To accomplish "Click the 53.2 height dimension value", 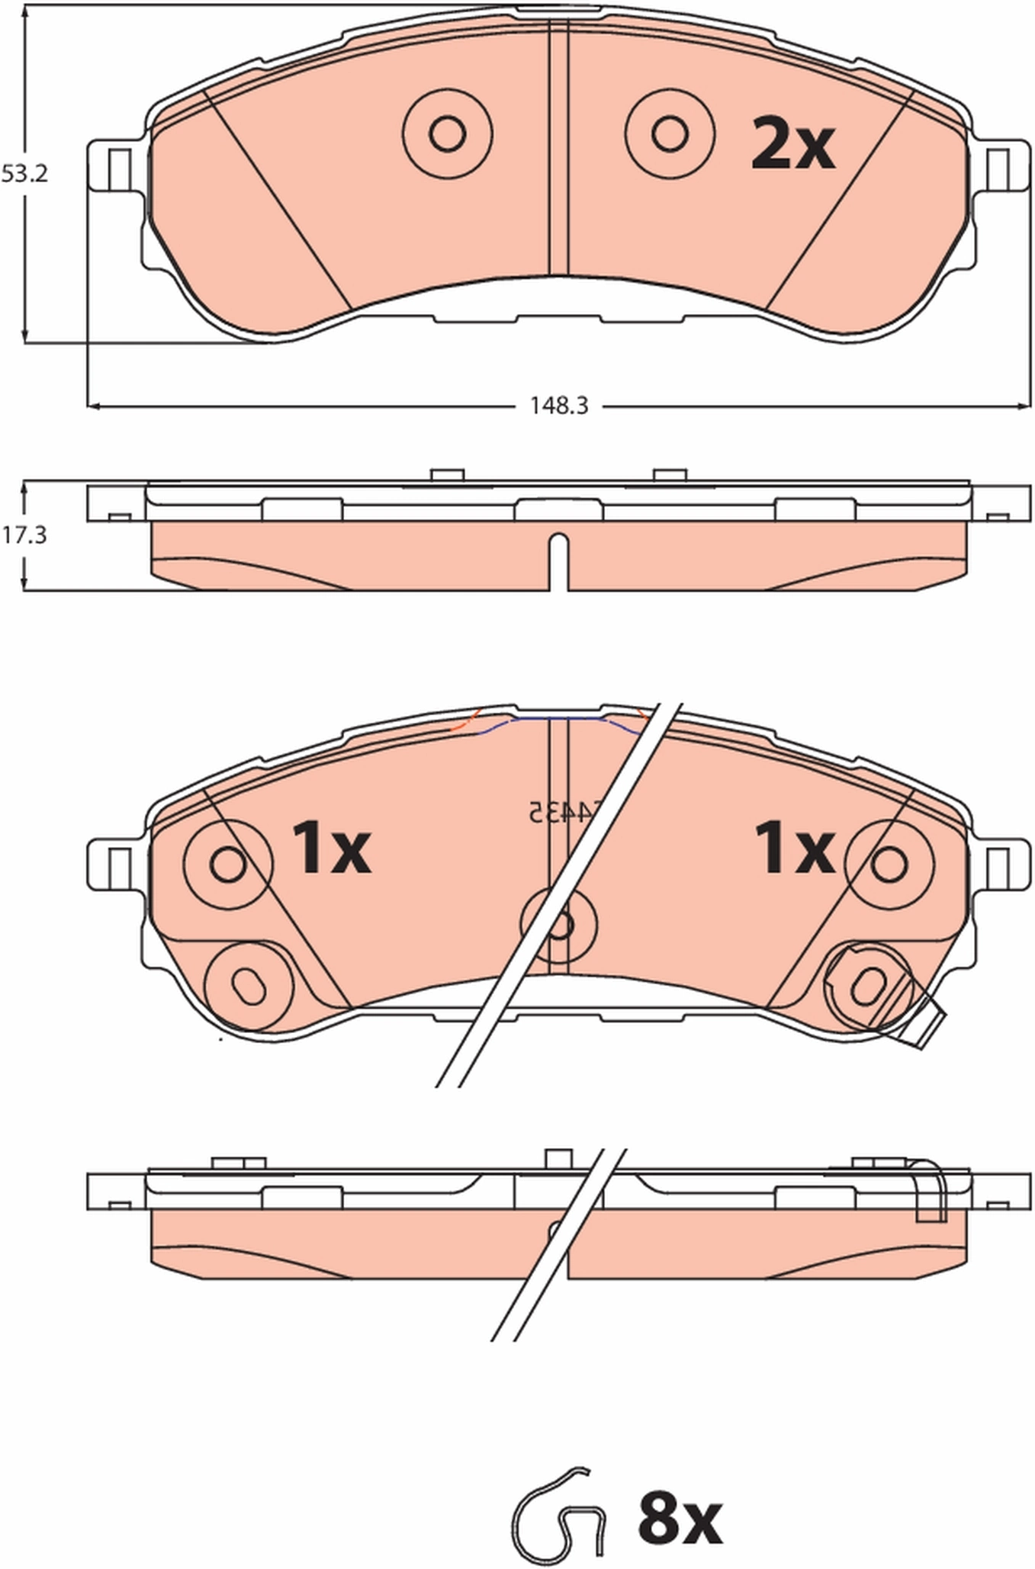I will point(24,174).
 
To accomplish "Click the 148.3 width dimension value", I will point(559,406).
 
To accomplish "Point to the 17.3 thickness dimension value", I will point(24,535).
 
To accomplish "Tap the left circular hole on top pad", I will point(447,134).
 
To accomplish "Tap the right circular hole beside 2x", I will point(670,134).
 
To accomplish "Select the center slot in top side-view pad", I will point(559,560).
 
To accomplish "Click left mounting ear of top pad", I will point(114,167).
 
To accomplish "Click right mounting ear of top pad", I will point(1002,167).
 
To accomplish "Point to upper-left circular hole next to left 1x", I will point(227,865).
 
